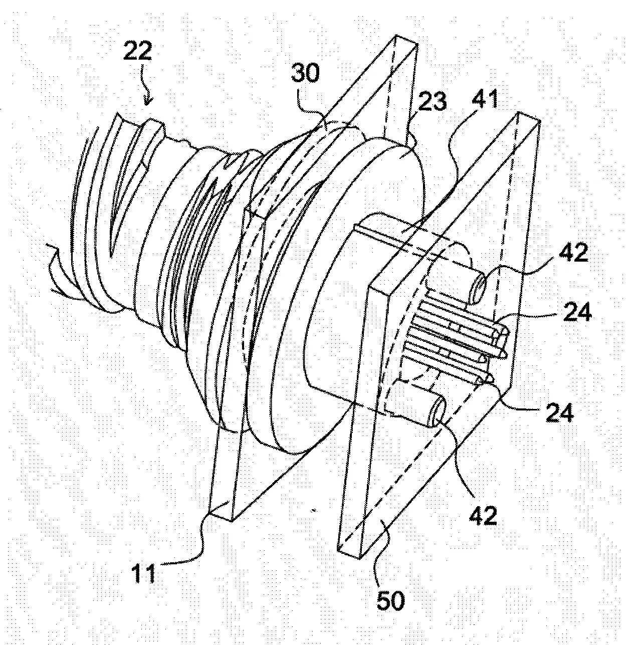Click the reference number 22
tap(137, 51)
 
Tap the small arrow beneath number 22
tap(147, 85)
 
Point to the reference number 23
tap(433, 101)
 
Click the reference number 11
tap(143, 573)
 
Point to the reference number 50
tap(390, 600)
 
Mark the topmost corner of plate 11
tap(396, 35)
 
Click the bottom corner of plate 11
tap(231, 521)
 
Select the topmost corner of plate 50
tap(518, 111)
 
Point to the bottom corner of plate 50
tap(359, 559)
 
